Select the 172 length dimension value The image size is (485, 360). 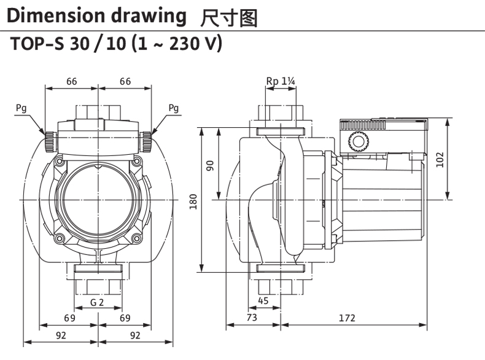pyautogui.click(x=347, y=318)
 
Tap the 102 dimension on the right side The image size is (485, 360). pyautogui.click(x=440, y=160)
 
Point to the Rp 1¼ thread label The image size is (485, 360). pyautogui.click(x=281, y=81)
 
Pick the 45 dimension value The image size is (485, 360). pyautogui.click(x=263, y=301)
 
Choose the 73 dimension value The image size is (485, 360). pyautogui.click(x=252, y=318)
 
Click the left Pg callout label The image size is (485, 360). pyautogui.click(x=21, y=109)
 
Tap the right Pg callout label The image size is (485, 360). pyautogui.click(x=174, y=109)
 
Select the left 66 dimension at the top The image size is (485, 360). pyautogui.click(x=71, y=81)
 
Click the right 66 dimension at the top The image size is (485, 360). pyautogui.click(x=125, y=81)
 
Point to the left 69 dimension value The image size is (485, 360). pyautogui.click(x=69, y=318)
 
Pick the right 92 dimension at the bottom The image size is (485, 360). pyautogui.click(x=135, y=335)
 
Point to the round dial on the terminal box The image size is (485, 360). pyautogui.click(x=357, y=142)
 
